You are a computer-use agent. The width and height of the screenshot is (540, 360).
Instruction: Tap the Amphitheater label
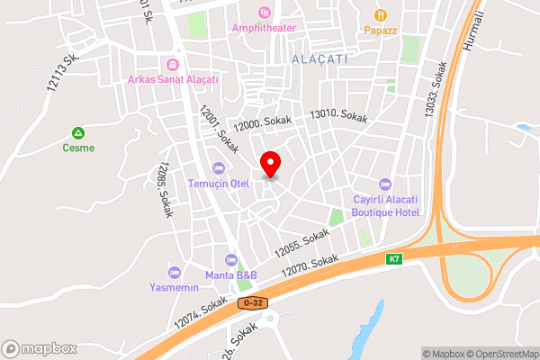264,27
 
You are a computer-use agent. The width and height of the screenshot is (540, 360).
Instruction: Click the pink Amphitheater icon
264,12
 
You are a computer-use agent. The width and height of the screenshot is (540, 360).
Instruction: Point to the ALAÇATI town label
319,58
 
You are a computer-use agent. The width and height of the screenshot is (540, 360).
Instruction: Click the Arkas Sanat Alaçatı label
173,79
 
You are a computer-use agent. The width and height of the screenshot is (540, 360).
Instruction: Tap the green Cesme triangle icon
77,132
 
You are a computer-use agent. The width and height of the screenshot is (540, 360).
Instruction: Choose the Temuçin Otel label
217,184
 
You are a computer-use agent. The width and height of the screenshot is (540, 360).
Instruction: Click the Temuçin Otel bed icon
217,168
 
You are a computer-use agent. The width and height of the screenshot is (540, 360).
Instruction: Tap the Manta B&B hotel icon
231,259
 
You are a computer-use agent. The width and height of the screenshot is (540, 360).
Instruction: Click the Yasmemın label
174,288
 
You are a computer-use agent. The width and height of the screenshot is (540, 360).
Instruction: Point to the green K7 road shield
393,259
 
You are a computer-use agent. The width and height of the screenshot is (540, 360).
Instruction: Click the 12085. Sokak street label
163,186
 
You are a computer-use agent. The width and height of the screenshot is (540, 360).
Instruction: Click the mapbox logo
39,348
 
